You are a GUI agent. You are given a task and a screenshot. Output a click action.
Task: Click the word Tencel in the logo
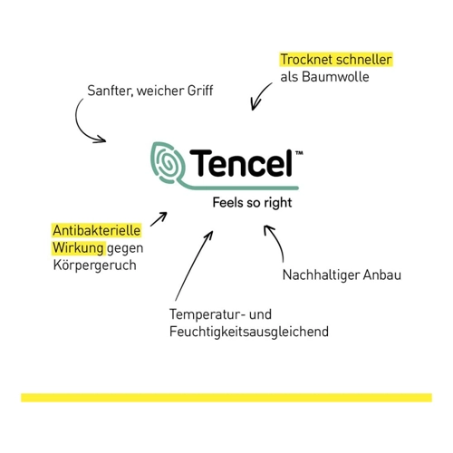241,163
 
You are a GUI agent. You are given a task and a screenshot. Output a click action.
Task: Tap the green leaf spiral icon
167,163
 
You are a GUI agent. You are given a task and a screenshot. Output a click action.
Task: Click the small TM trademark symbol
299,153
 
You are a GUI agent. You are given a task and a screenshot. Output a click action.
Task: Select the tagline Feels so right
252,203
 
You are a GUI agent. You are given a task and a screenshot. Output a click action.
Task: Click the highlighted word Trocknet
306,60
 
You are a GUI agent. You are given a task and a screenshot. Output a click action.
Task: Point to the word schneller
363,60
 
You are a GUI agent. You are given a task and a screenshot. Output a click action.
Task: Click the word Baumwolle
335,77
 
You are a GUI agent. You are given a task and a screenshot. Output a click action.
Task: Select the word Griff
200,91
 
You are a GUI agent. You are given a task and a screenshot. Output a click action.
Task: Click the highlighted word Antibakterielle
97,231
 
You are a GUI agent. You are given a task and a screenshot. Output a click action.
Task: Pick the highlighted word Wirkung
78,248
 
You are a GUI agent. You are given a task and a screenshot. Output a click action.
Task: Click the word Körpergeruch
95,265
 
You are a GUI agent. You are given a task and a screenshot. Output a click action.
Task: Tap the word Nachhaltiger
321,275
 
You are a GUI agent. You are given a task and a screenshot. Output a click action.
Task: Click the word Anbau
382,275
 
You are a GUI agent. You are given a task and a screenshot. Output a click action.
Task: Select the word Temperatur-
207,314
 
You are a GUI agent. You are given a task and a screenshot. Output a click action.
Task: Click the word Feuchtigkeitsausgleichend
249,332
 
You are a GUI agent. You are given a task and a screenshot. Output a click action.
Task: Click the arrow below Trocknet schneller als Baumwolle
260,95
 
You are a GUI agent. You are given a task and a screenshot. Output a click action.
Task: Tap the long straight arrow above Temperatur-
194,266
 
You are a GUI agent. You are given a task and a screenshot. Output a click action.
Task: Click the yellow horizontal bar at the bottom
226,398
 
